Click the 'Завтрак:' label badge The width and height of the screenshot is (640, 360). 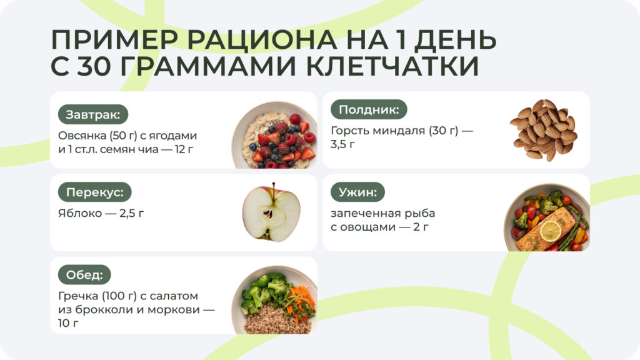tap(93, 114)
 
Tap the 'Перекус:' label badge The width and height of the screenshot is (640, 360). tap(94, 192)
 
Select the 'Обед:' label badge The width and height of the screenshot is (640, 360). tap(84, 274)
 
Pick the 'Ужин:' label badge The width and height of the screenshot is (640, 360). tap(357, 192)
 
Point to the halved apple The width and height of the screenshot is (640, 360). tap(271, 212)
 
